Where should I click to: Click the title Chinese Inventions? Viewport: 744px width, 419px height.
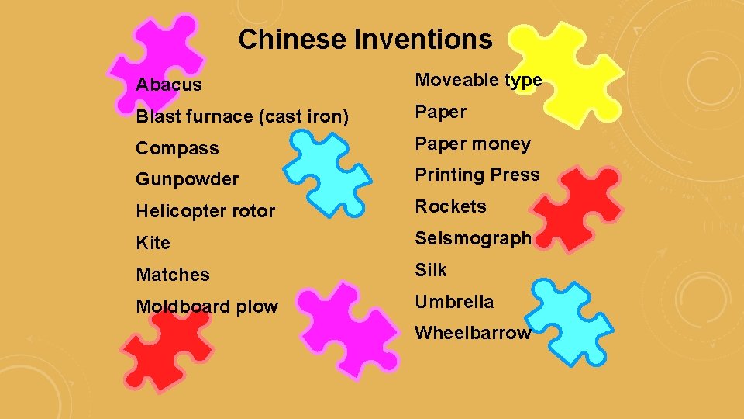[365, 40]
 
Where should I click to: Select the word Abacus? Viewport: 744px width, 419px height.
[169, 85]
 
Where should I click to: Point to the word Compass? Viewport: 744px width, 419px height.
[177, 148]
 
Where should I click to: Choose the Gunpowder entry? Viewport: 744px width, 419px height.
[188, 179]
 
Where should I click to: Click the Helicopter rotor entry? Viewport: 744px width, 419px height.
[205, 211]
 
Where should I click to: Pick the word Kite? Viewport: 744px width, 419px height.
[153, 243]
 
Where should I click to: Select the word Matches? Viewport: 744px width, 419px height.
[173, 275]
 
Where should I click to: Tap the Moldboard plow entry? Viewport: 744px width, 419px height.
[207, 306]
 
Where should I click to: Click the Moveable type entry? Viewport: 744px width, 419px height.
[478, 80]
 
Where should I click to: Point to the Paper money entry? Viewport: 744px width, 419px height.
[473, 144]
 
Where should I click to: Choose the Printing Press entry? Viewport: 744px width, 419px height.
[477, 175]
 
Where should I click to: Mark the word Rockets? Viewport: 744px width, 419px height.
[451, 206]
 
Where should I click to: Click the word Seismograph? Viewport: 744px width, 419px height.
[474, 238]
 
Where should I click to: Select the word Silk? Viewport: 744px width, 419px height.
[431, 270]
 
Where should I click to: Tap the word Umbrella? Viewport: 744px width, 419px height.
[454, 302]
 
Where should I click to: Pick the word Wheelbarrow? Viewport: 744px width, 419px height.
[473, 334]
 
